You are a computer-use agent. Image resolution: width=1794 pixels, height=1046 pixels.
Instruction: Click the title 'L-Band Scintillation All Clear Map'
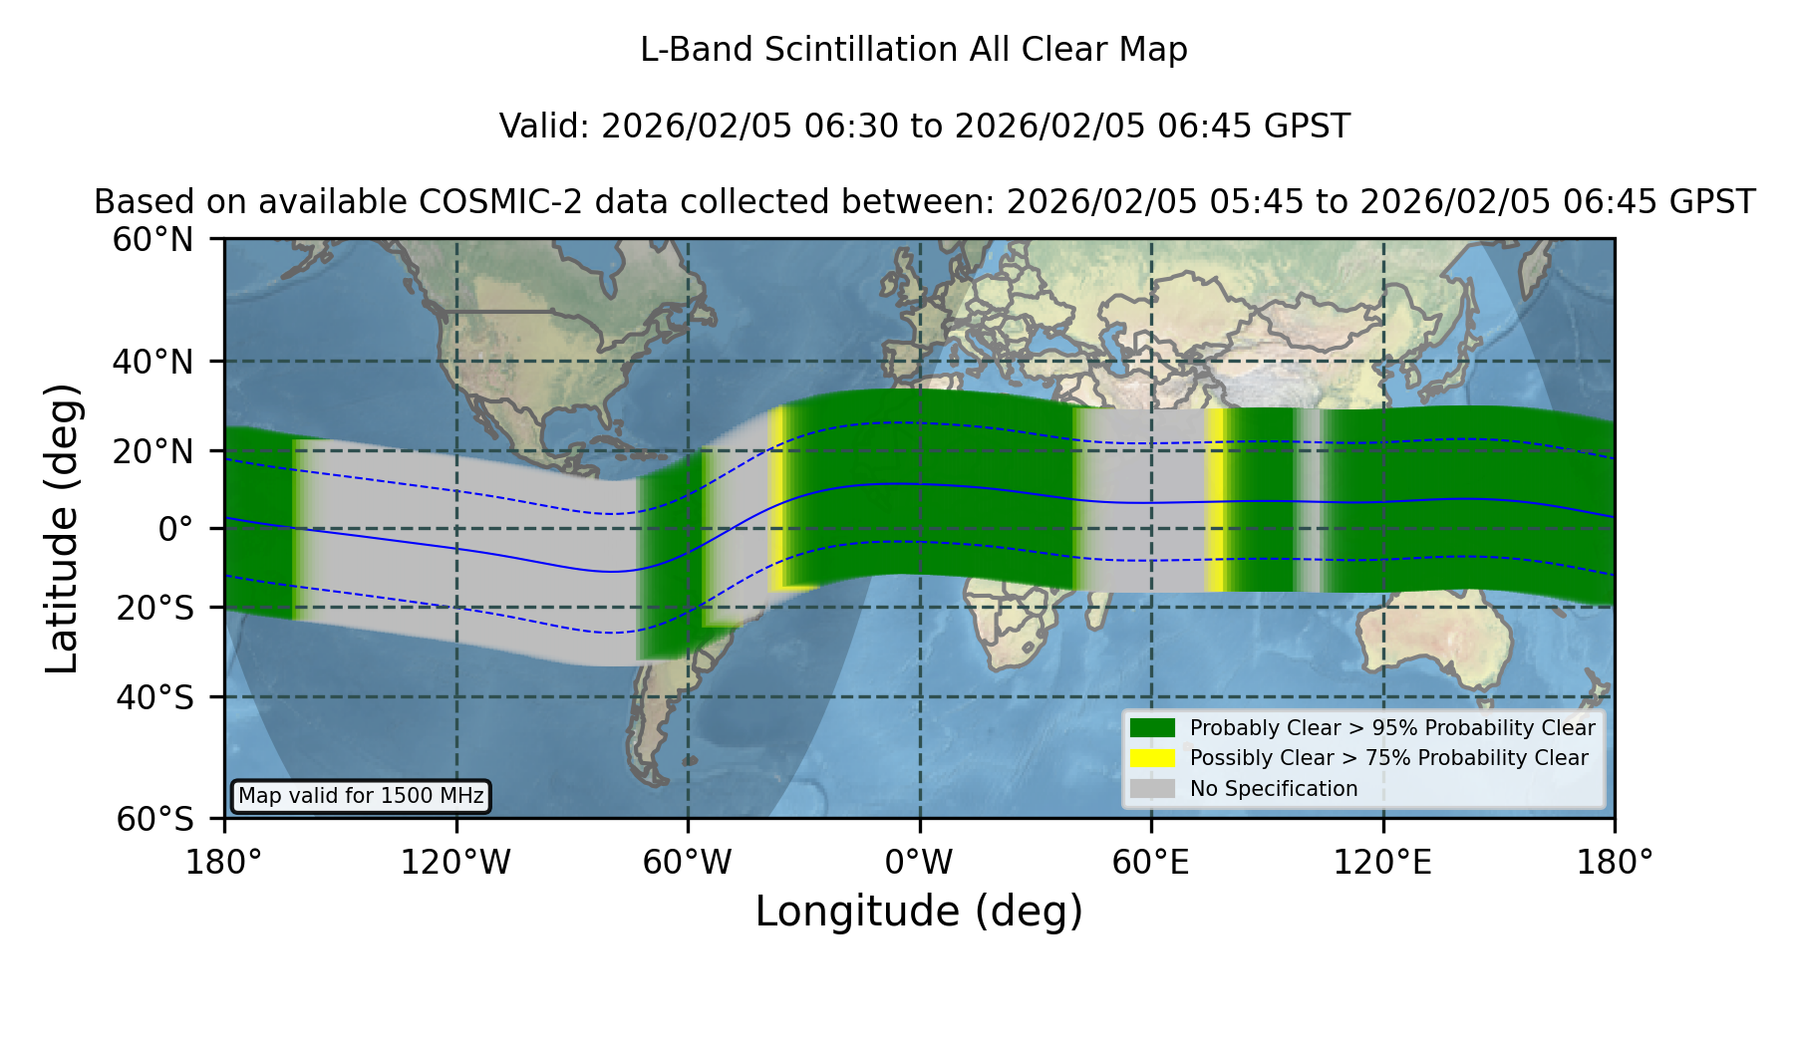pos(913,50)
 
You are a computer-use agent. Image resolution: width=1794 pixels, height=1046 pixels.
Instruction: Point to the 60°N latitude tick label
pos(152,239)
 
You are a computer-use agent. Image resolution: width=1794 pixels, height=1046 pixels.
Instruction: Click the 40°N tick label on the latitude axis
pos(152,361)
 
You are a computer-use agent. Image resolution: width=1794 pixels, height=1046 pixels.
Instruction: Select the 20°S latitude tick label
pos(154,607)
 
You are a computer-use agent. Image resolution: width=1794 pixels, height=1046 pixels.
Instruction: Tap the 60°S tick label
pos(154,819)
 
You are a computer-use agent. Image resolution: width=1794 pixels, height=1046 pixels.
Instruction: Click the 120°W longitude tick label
pos(455,862)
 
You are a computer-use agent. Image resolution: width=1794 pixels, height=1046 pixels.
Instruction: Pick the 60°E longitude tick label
pos(1151,862)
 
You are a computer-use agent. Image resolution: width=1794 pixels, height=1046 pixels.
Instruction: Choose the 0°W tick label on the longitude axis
pos(919,862)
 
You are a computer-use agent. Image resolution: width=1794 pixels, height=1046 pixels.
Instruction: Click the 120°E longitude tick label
pos(1382,862)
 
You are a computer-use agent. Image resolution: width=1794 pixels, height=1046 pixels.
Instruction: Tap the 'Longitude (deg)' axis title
pos(919,912)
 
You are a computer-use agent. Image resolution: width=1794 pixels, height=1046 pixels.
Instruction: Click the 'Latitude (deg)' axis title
pos(63,528)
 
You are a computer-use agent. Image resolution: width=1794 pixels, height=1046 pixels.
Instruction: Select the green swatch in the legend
pos(1152,727)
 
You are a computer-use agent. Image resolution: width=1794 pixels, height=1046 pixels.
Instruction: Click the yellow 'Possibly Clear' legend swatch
pos(1152,757)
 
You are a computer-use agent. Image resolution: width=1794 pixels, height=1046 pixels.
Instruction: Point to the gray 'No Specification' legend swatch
pos(1152,788)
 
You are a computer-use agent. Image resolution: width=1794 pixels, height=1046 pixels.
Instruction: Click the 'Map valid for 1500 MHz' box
pos(361,796)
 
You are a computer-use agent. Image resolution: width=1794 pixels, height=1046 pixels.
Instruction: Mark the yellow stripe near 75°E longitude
pos(1214,500)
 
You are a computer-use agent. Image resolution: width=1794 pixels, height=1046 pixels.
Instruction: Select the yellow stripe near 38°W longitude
pos(775,498)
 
